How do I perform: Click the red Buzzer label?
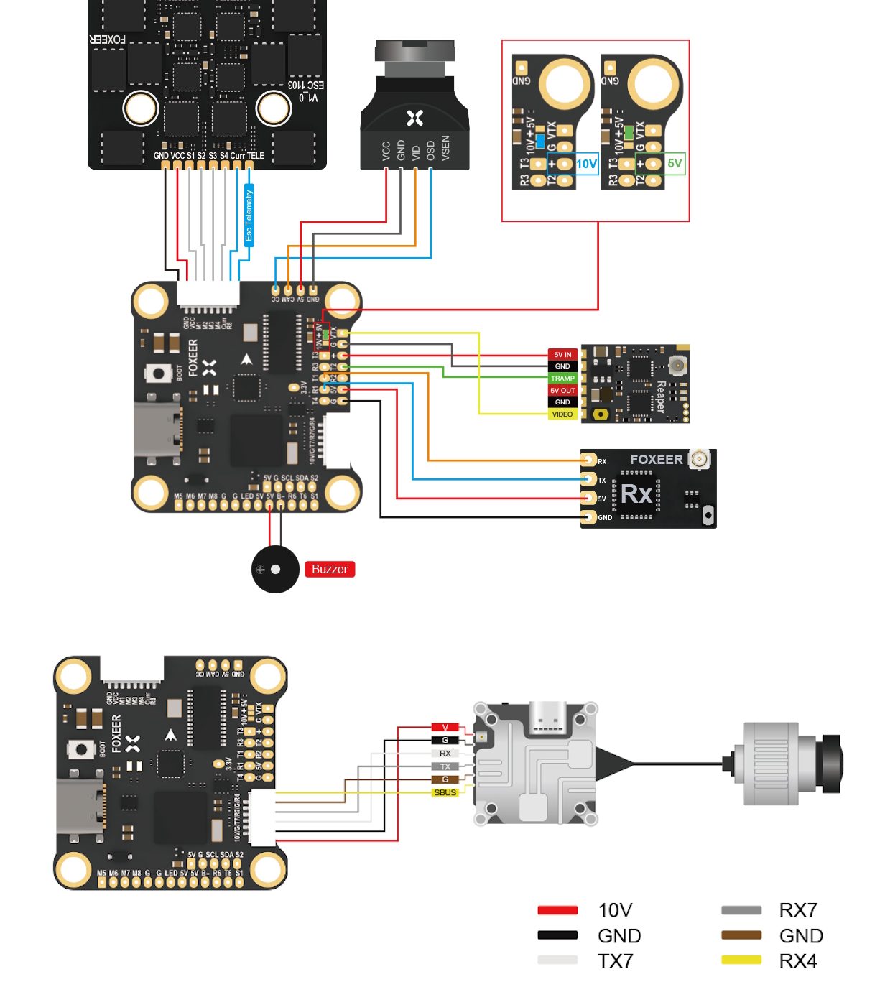pyautogui.click(x=330, y=569)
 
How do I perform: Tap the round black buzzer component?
pyautogui.click(x=275, y=569)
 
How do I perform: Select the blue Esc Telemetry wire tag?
pyautogui.click(x=249, y=215)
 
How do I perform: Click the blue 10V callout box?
pyautogui.click(x=586, y=164)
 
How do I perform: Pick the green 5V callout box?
pyautogui.click(x=674, y=163)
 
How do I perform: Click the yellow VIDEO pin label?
pyautogui.click(x=562, y=414)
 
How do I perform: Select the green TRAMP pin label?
pyautogui.click(x=562, y=379)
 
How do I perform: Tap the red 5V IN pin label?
pyautogui.click(x=562, y=354)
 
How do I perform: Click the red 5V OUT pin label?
pyautogui.click(x=562, y=391)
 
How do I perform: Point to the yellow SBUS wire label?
pyautogui.click(x=445, y=792)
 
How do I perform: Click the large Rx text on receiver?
pyautogui.click(x=636, y=494)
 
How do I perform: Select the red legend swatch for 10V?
pyautogui.click(x=557, y=910)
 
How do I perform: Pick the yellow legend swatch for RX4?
pyautogui.click(x=741, y=960)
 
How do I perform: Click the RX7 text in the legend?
pyautogui.click(x=798, y=910)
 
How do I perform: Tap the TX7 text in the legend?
pyautogui.click(x=616, y=960)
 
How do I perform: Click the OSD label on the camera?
pyautogui.click(x=430, y=150)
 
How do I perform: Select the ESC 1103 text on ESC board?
pyautogui.click(x=306, y=85)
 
